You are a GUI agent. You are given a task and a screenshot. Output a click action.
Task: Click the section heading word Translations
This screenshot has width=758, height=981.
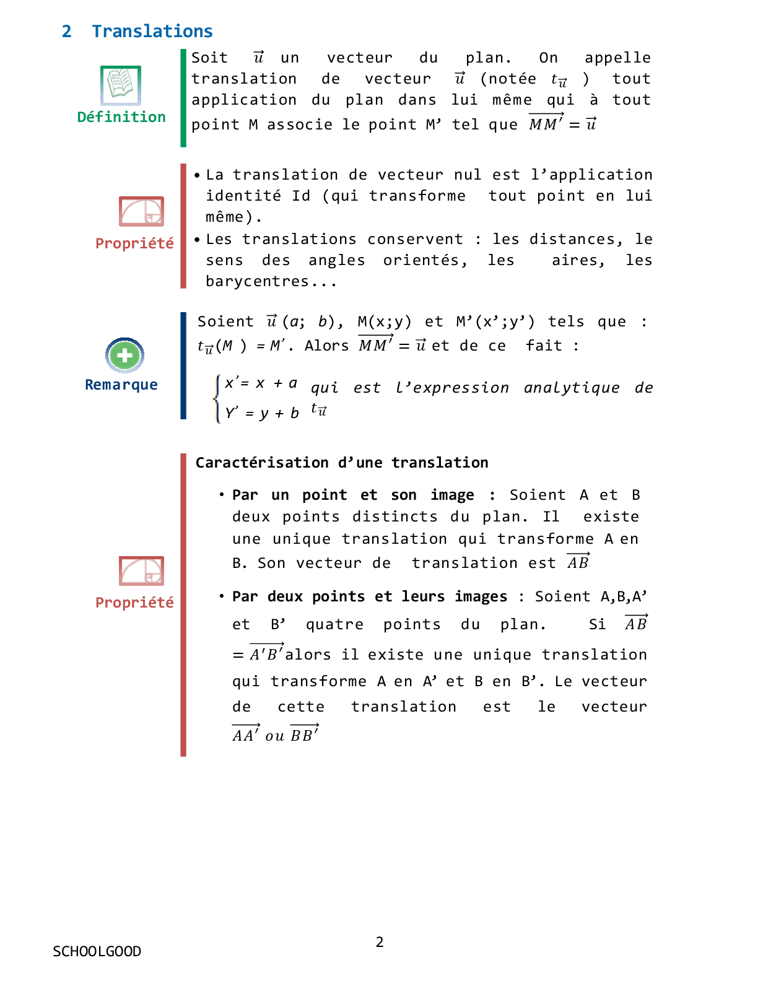(x=152, y=31)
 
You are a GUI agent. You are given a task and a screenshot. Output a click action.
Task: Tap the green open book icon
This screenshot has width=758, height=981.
(x=121, y=85)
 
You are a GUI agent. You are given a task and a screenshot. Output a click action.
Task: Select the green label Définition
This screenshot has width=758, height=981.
(x=121, y=117)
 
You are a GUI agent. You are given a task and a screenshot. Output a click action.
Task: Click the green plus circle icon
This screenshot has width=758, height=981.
(x=124, y=355)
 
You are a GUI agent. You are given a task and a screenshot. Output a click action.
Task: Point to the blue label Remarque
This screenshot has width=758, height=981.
(x=121, y=385)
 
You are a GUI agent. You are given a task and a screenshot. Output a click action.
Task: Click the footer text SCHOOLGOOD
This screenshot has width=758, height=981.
(x=97, y=951)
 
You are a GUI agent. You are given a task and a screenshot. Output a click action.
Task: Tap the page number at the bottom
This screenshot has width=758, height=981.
(x=380, y=942)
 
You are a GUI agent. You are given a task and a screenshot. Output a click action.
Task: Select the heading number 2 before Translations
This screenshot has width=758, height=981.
(x=67, y=31)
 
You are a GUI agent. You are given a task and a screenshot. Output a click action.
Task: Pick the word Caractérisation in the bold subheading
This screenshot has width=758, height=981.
(x=262, y=463)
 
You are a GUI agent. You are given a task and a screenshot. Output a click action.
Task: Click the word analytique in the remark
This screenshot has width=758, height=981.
(x=572, y=388)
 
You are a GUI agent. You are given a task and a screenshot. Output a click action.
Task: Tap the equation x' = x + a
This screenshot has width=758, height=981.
(x=261, y=383)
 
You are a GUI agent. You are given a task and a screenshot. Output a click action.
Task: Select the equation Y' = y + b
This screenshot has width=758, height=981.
(x=262, y=413)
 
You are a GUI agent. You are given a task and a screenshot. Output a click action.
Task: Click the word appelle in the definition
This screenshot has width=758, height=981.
(x=617, y=58)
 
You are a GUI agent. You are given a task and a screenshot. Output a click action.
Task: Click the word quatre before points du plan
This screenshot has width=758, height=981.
(x=334, y=624)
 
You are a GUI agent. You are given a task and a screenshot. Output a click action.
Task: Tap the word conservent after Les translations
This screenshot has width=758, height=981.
(x=415, y=239)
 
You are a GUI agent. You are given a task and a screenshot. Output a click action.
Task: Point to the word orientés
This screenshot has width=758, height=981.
(x=425, y=260)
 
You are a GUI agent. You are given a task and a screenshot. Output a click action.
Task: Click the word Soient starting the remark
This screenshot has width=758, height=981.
(x=225, y=321)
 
